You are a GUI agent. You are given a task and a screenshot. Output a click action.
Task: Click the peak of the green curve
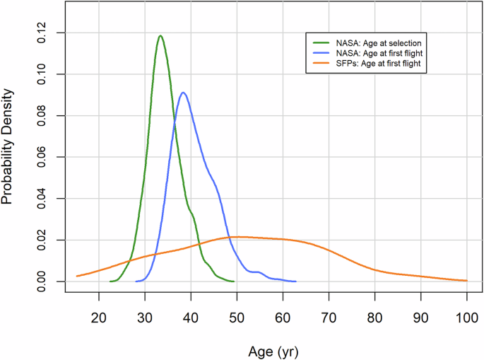click(x=160, y=36)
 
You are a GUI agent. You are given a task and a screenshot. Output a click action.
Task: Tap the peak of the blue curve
click(x=183, y=93)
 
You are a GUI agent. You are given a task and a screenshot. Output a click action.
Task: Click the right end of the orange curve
click(x=466, y=281)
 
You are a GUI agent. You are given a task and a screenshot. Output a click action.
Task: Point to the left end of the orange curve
click(x=77, y=276)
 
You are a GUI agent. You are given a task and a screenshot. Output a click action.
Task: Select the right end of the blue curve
click(x=296, y=281)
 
